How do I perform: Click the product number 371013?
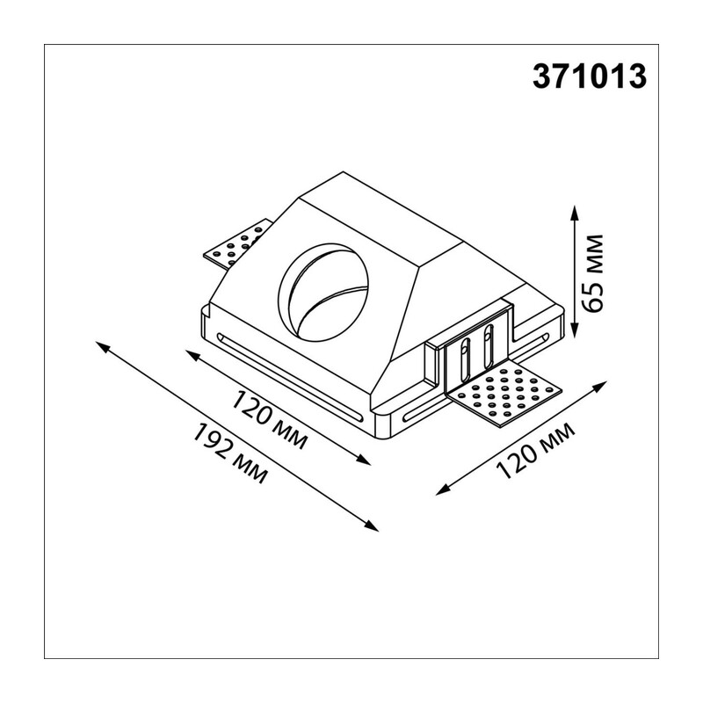click(x=589, y=76)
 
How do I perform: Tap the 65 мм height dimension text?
click(x=591, y=272)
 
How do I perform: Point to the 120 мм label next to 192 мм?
click(x=269, y=420)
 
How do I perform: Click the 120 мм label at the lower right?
click(x=535, y=450)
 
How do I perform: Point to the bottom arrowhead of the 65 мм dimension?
click(x=575, y=331)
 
